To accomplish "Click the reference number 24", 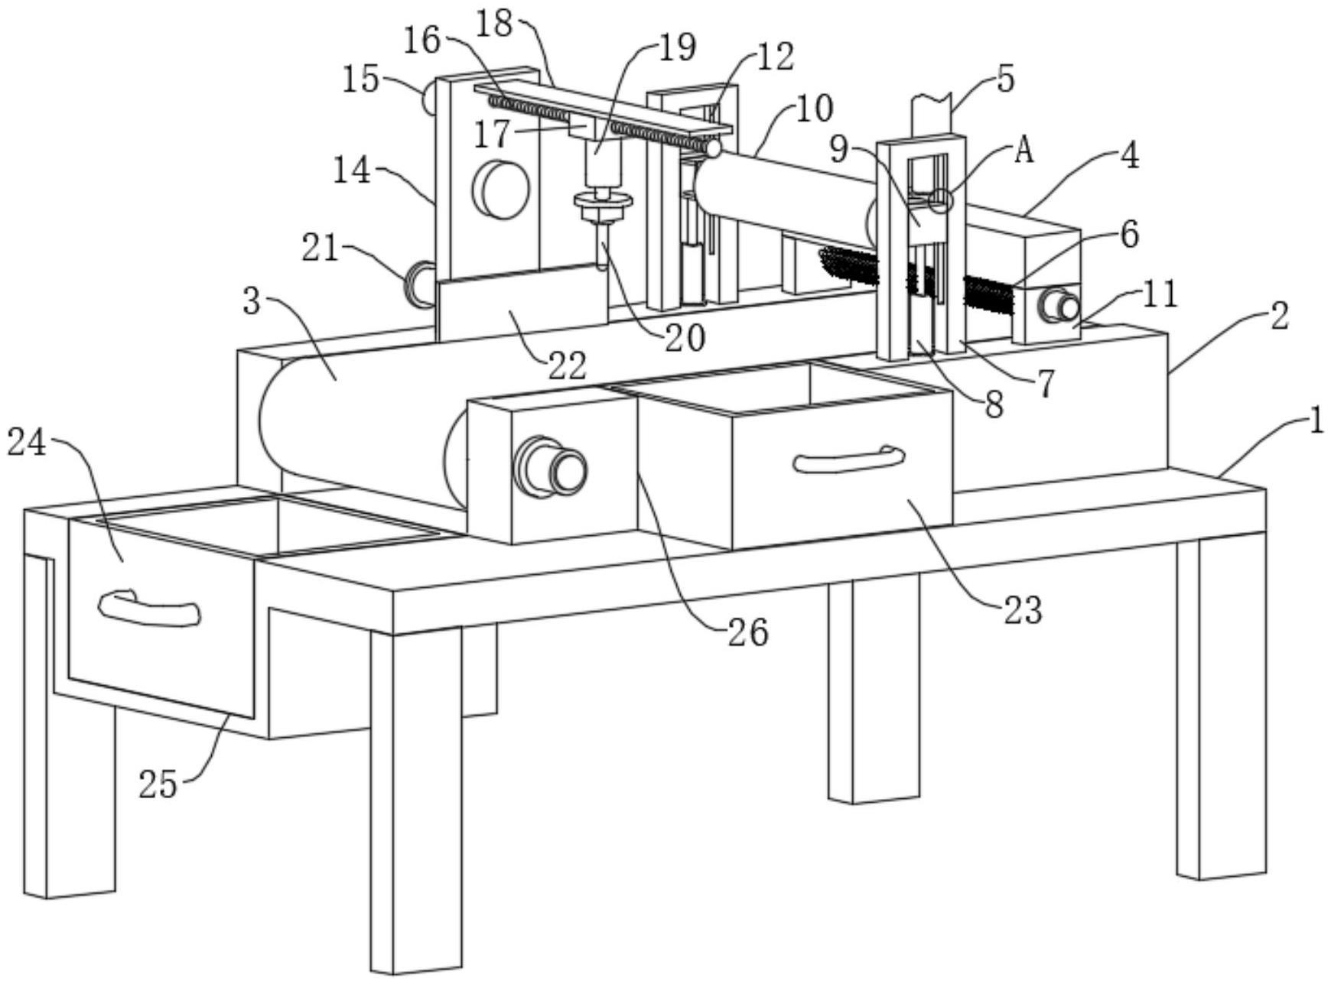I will pyautogui.click(x=27, y=443).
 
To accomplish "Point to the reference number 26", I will pyautogui.click(x=747, y=633).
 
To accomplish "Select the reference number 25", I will pyautogui.click(x=158, y=784).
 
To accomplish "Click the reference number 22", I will pyautogui.click(x=568, y=365).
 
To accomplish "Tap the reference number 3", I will pyautogui.click(x=252, y=302).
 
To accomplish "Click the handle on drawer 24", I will pyautogui.click(x=150, y=609).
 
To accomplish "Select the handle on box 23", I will pyautogui.click(x=848, y=460).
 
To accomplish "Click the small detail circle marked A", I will pyautogui.click(x=939, y=202).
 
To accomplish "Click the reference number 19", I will pyautogui.click(x=676, y=47).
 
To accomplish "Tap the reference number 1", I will pyautogui.click(x=1315, y=421).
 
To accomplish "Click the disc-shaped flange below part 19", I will pyautogui.click(x=604, y=201).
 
